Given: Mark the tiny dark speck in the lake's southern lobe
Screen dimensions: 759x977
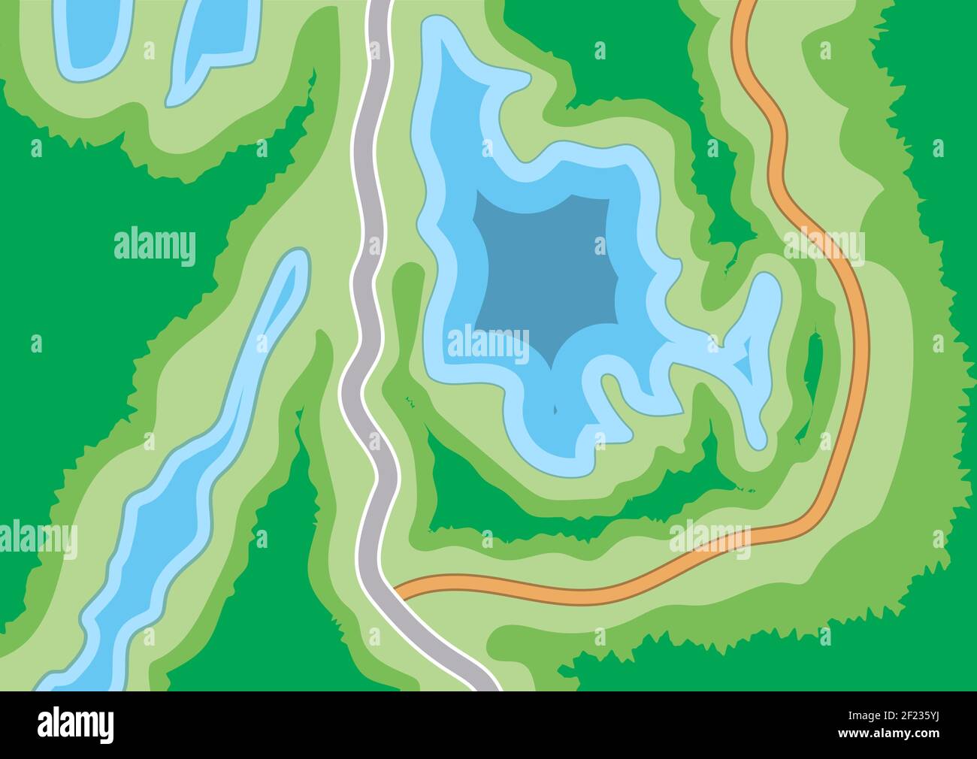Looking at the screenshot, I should (555, 410).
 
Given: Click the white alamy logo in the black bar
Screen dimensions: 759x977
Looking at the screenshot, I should (75, 725).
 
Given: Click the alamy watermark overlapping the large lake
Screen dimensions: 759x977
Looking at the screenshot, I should (488, 345).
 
